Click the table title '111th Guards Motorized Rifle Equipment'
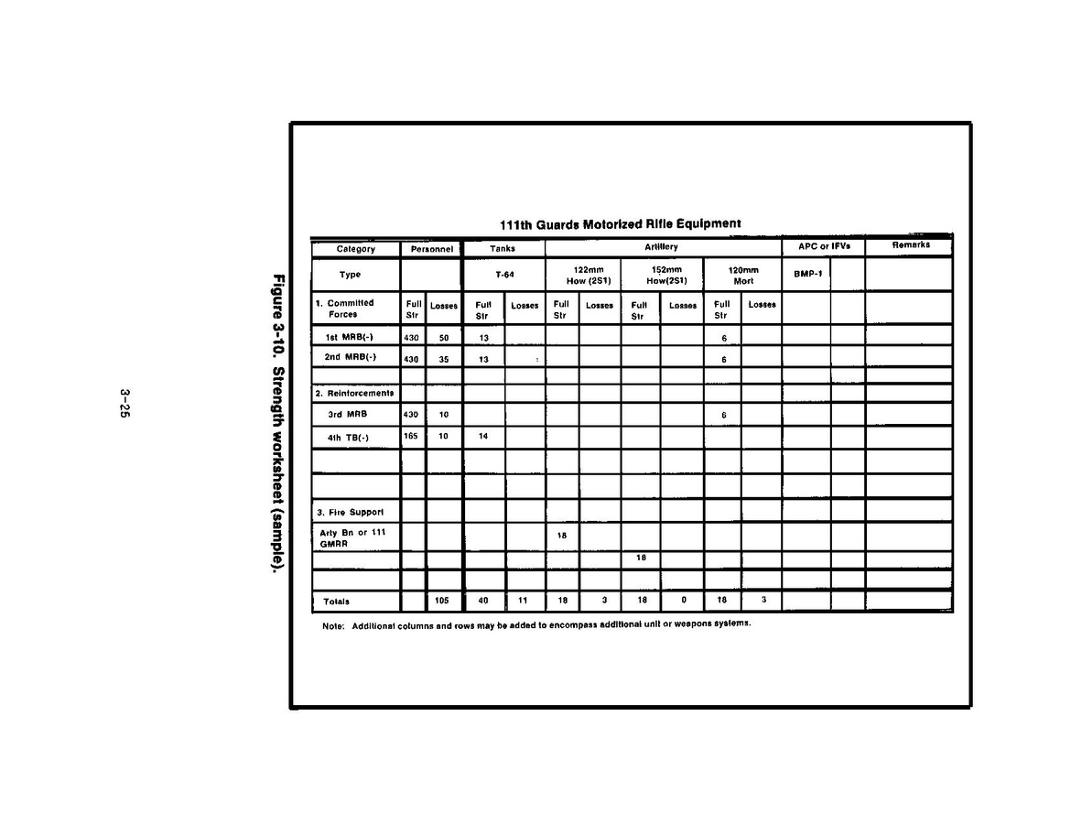(x=620, y=223)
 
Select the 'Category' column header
(x=355, y=249)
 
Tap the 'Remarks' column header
(x=910, y=245)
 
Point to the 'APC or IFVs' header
(x=823, y=247)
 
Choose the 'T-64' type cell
(x=504, y=275)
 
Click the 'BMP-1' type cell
(x=806, y=275)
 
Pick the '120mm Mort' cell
(x=742, y=276)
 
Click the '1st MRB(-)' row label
(x=349, y=337)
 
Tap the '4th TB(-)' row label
(x=349, y=438)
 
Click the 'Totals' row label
(x=336, y=602)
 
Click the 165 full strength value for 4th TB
(x=411, y=437)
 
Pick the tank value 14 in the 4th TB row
(x=483, y=437)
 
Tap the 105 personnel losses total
(x=443, y=602)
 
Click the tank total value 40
(x=483, y=602)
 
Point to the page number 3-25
(x=124, y=404)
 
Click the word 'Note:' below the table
(x=332, y=625)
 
